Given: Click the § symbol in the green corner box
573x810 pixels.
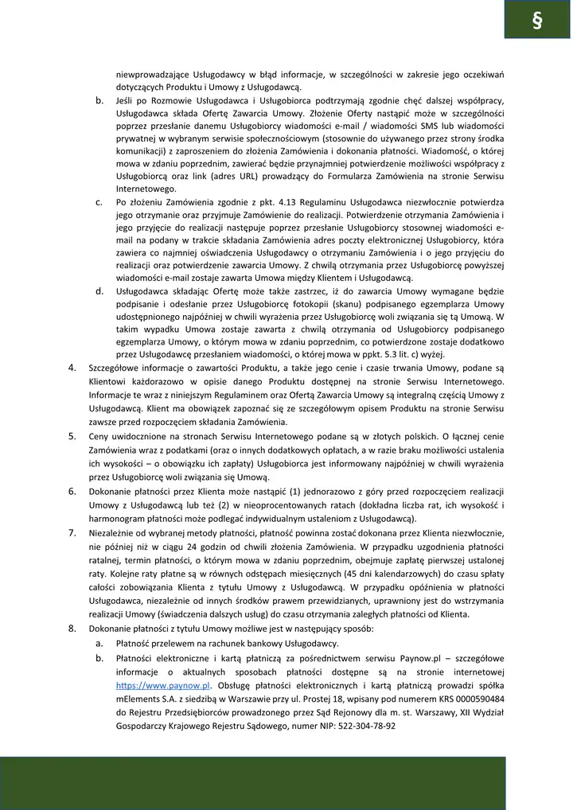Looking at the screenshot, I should tap(537, 20).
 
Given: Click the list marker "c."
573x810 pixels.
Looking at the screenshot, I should tap(99, 202).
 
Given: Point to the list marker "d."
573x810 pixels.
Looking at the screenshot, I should tap(99, 290).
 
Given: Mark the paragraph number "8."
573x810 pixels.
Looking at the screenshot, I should tap(72, 628).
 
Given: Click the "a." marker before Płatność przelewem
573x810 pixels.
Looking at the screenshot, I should tap(99, 643).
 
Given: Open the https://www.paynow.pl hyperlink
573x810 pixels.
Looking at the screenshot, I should tap(162, 684).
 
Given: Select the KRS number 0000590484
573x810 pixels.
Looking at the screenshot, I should tap(477, 698).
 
